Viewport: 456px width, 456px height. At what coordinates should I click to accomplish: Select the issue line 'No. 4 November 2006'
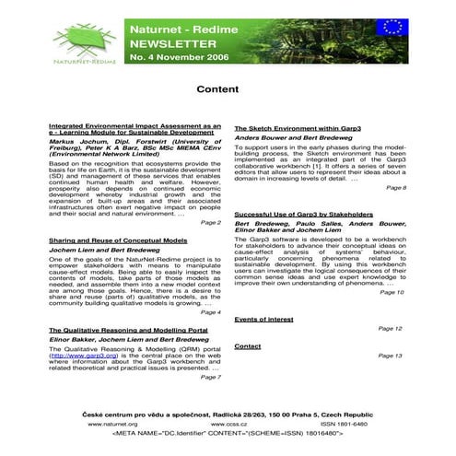tap(180, 58)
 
